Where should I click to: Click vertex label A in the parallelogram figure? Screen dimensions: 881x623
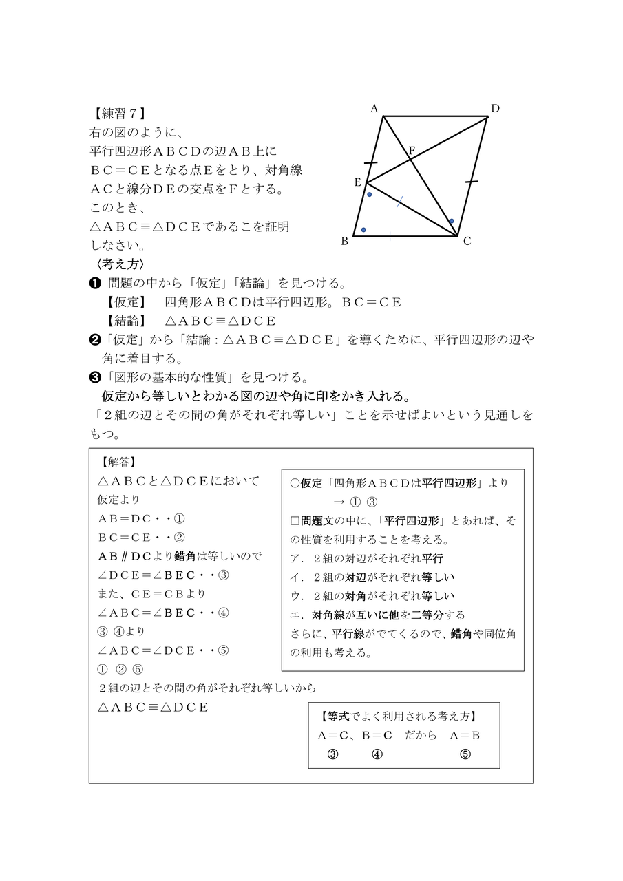(x=374, y=108)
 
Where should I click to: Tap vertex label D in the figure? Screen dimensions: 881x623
(x=495, y=108)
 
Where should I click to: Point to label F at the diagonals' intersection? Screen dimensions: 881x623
(x=412, y=150)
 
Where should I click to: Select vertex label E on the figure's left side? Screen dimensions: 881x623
(x=357, y=182)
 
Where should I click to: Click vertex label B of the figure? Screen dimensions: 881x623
(x=345, y=241)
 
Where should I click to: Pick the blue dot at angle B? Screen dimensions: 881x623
(x=363, y=229)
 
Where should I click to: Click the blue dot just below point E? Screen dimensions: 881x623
(x=370, y=195)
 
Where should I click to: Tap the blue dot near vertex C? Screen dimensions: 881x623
(x=452, y=221)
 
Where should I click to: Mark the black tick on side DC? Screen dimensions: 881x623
(x=472, y=182)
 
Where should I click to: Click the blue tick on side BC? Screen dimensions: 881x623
(x=390, y=236)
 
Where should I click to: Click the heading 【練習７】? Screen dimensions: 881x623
(x=118, y=113)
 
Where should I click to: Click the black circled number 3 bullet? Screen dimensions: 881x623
(x=96, y=377)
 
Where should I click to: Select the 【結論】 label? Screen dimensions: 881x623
(x=126, y=321)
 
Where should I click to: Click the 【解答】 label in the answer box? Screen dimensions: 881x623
(x=118, y=463)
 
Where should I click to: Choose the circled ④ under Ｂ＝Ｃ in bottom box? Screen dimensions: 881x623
(x=377, y=754)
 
